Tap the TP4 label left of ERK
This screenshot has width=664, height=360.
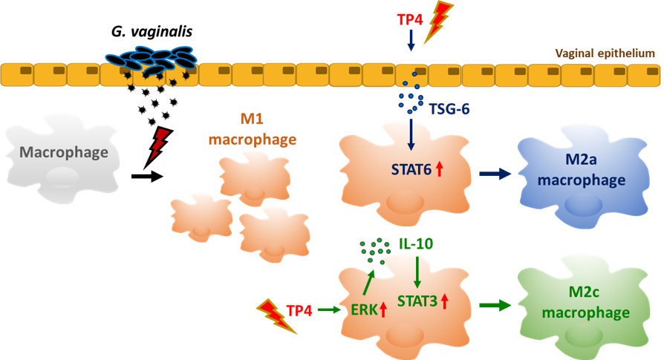(x=299, y=310)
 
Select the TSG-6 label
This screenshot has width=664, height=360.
(x=449, y=109)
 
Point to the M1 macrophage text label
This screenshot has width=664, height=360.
(x=253, y=129)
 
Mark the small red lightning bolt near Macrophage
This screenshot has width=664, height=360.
(x=159, y=143)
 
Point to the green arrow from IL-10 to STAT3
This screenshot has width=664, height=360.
(x=417, y=270)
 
